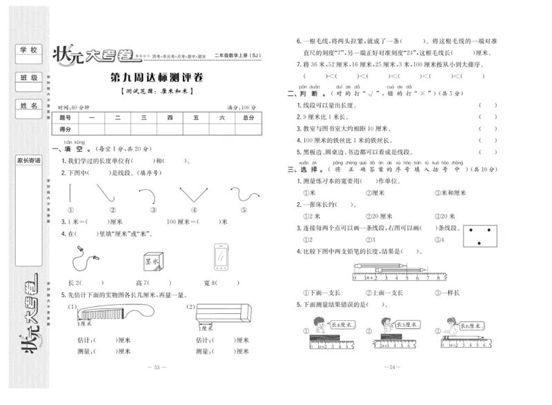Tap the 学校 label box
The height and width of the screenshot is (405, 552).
tap(29, 51)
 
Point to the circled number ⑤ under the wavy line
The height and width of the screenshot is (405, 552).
tap(244, 210)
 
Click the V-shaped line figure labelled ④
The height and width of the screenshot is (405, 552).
tap(194, 194)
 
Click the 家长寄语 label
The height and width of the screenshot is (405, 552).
tap(29, 160)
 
